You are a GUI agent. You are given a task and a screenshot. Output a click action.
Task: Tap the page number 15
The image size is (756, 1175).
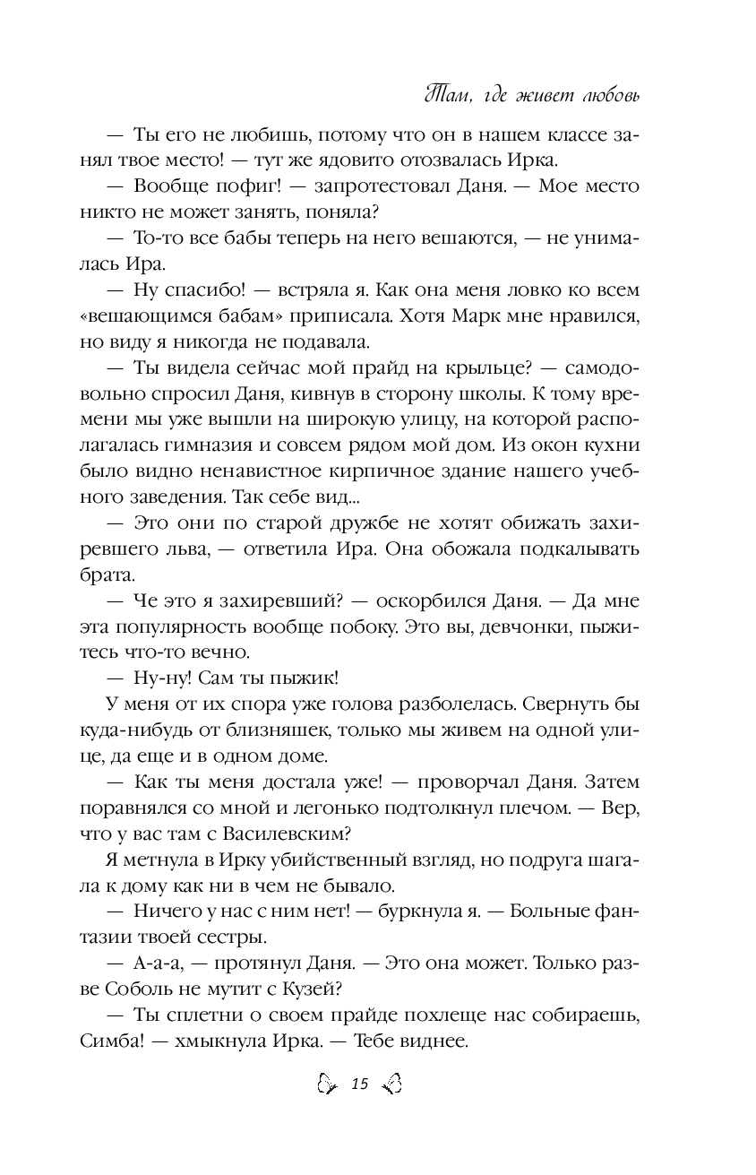tap(360, 1085)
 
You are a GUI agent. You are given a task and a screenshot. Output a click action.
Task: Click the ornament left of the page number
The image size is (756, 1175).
tap(327, 1085)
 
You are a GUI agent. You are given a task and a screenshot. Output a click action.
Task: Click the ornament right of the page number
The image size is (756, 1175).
tap(392, 1085)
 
